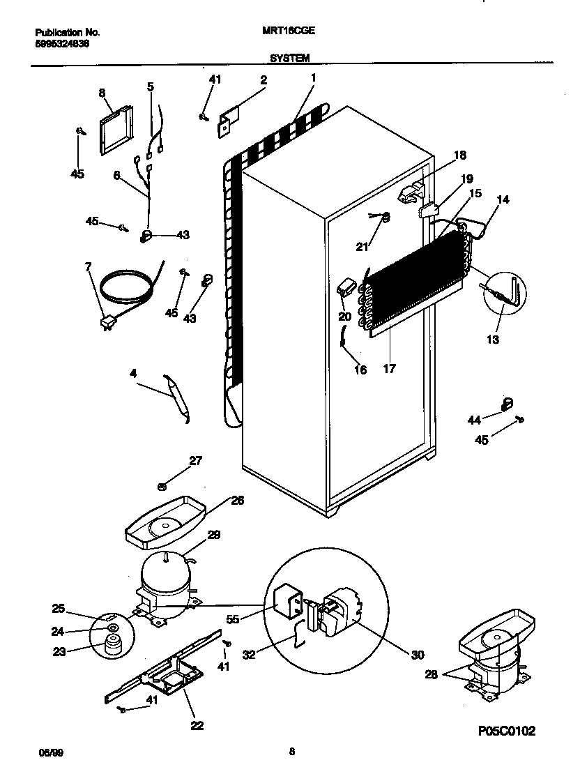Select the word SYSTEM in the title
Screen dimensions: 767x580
(290, 59)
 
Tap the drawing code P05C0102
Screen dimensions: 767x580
(507, 731)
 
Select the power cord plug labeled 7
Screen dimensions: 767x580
(107, 322)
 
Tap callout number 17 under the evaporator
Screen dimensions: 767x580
(389, 369)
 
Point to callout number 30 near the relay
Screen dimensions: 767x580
(417, 655)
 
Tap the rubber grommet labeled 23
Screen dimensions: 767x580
(110, 646)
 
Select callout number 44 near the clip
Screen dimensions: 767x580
(474, 419)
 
